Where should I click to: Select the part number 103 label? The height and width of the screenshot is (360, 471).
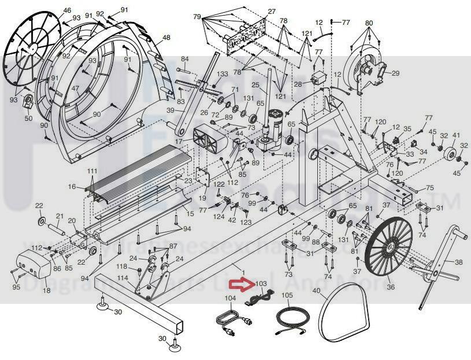[261, 285]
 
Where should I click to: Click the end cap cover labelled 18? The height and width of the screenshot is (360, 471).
[31, 264]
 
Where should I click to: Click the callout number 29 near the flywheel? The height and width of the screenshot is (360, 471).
[396, 74]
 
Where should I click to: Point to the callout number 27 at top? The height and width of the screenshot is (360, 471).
[272, 12]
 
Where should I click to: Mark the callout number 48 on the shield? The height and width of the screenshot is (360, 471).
[166, 37]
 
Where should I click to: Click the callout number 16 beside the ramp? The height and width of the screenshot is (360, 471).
[72, 187]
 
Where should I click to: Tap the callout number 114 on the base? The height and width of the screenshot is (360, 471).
[122, 278]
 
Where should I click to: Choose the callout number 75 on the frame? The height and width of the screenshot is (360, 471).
[429, 188]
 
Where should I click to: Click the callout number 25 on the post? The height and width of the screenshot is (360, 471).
[255, 85]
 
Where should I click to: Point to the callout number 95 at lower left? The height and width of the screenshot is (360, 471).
[16, 287]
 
